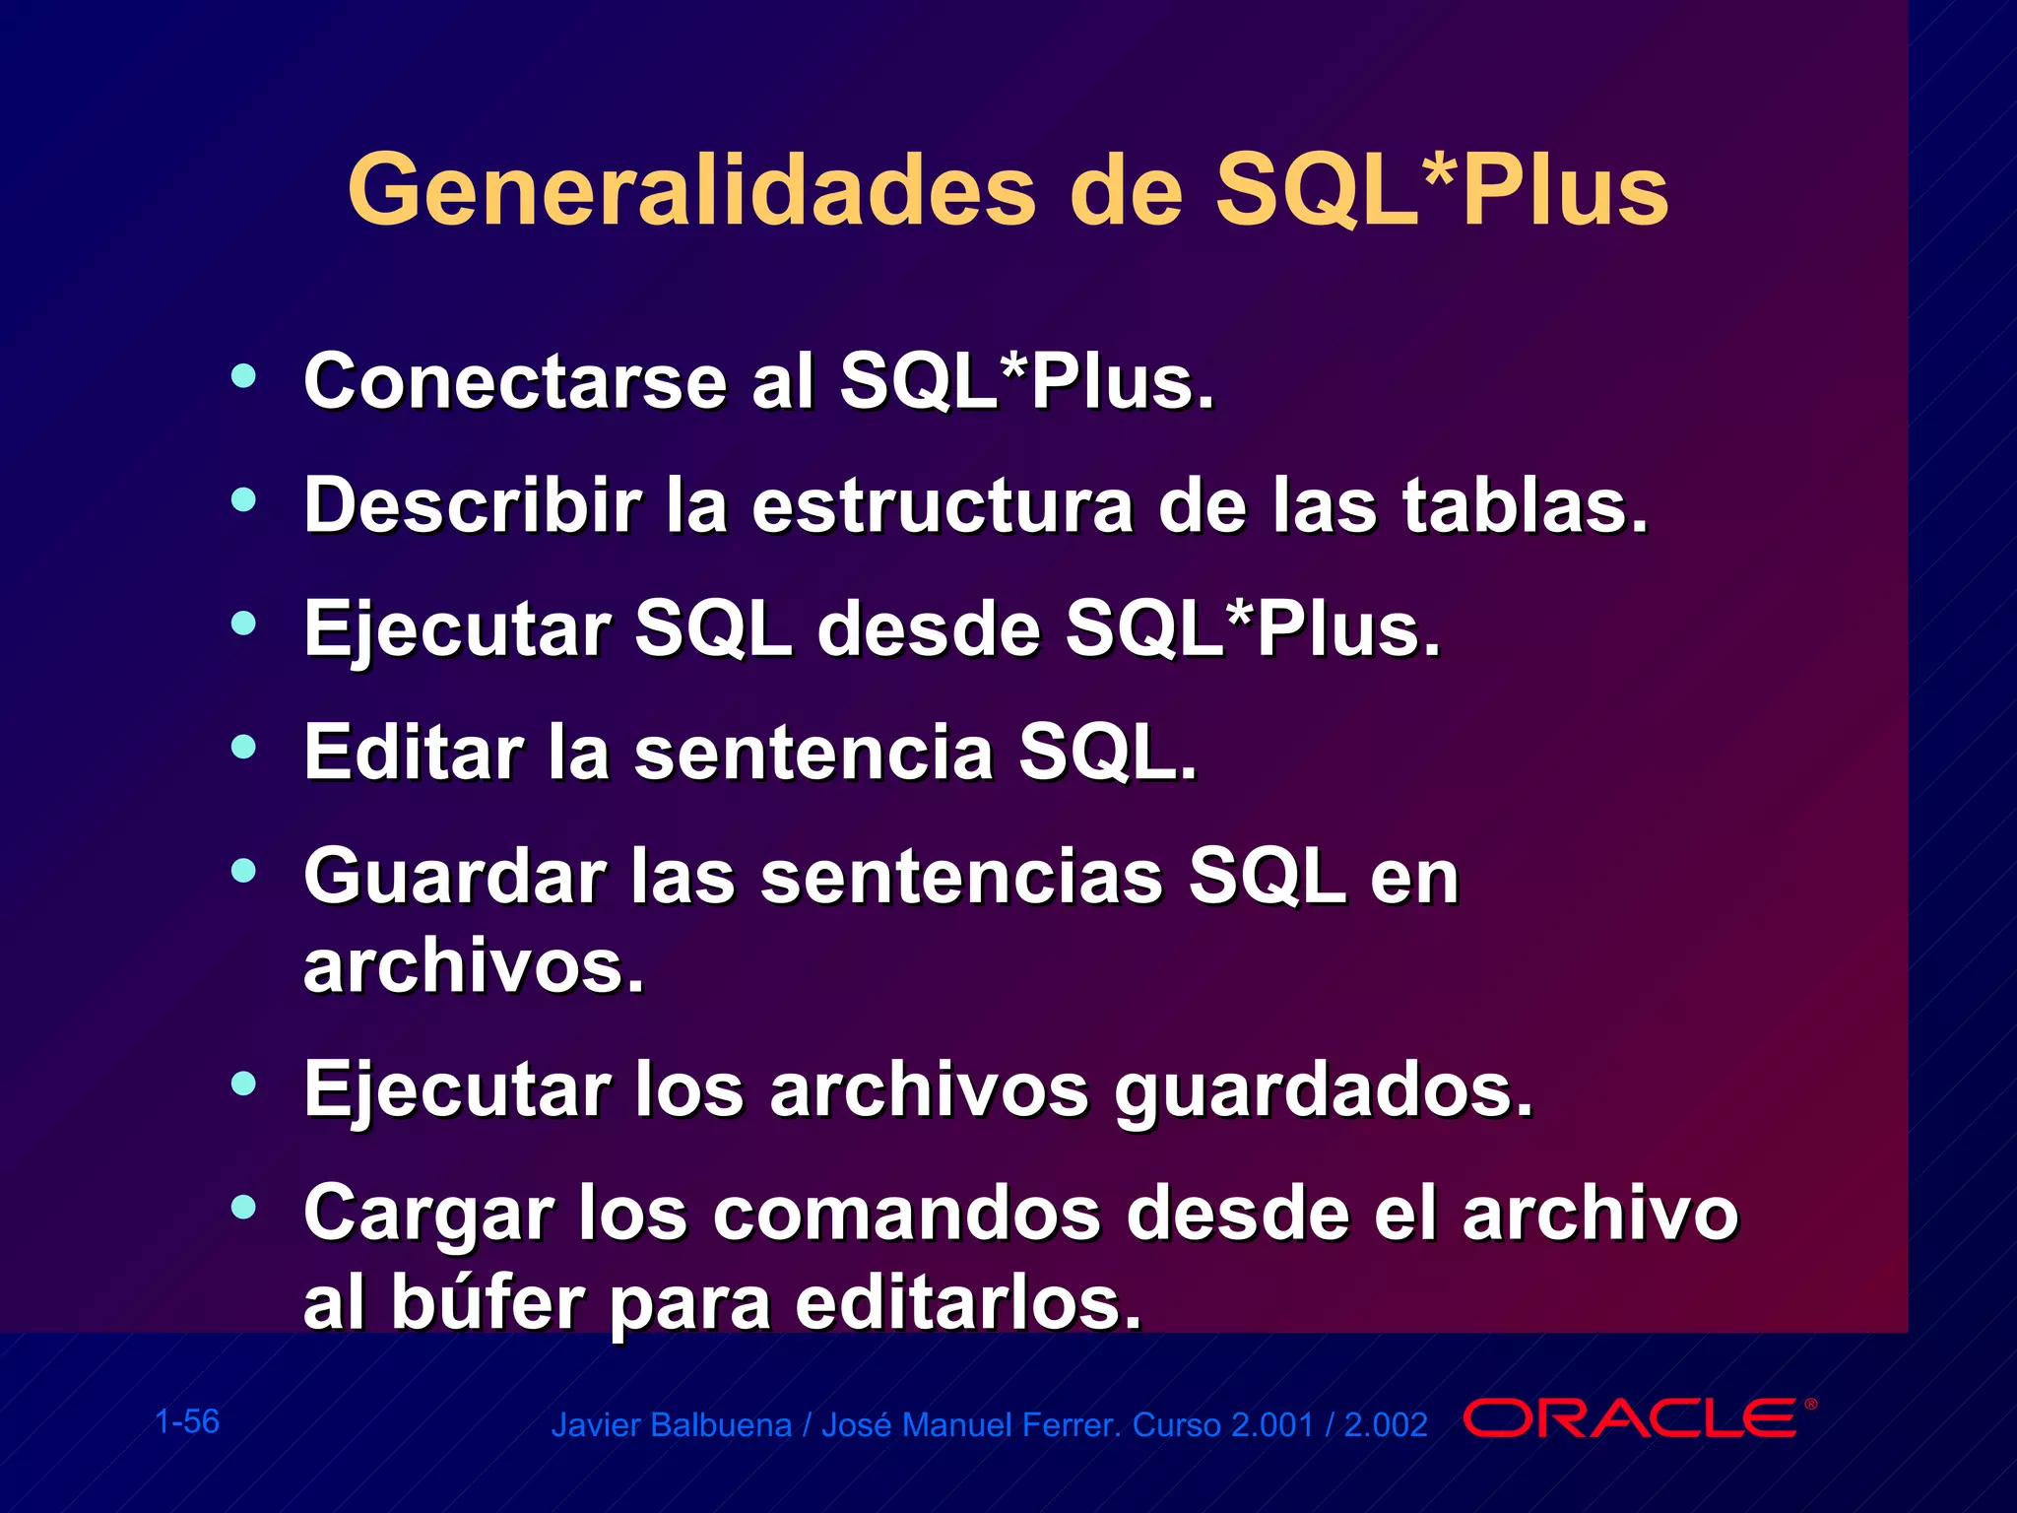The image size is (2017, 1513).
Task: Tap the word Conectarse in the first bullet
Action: coord(515,382)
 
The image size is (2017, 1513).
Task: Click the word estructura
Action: coord(943,506)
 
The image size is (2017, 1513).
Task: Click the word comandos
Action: coord(907,1214)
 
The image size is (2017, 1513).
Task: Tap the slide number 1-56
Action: coord(187,1421)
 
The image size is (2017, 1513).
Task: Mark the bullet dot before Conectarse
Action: coord(243,375)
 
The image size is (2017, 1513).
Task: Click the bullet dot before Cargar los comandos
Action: coord(243,1207)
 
